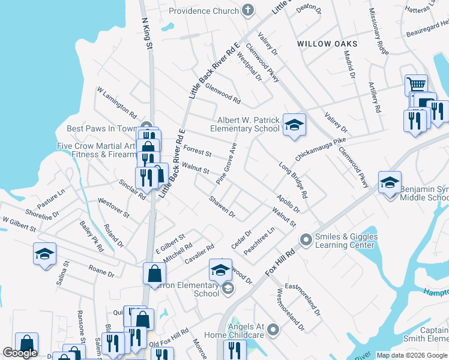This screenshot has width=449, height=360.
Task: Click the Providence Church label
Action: (203, 11)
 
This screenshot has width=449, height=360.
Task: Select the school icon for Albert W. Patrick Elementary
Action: (294, 125)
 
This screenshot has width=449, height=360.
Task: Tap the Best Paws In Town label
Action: (102, 128)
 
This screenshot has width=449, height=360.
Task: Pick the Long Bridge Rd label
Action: (293, 180)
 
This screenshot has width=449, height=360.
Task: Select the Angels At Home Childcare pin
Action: (274, 329)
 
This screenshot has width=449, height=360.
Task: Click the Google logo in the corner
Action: (20, 353)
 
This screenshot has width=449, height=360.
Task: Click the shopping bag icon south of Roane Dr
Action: (154, 274)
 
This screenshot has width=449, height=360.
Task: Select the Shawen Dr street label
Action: (221, 207)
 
